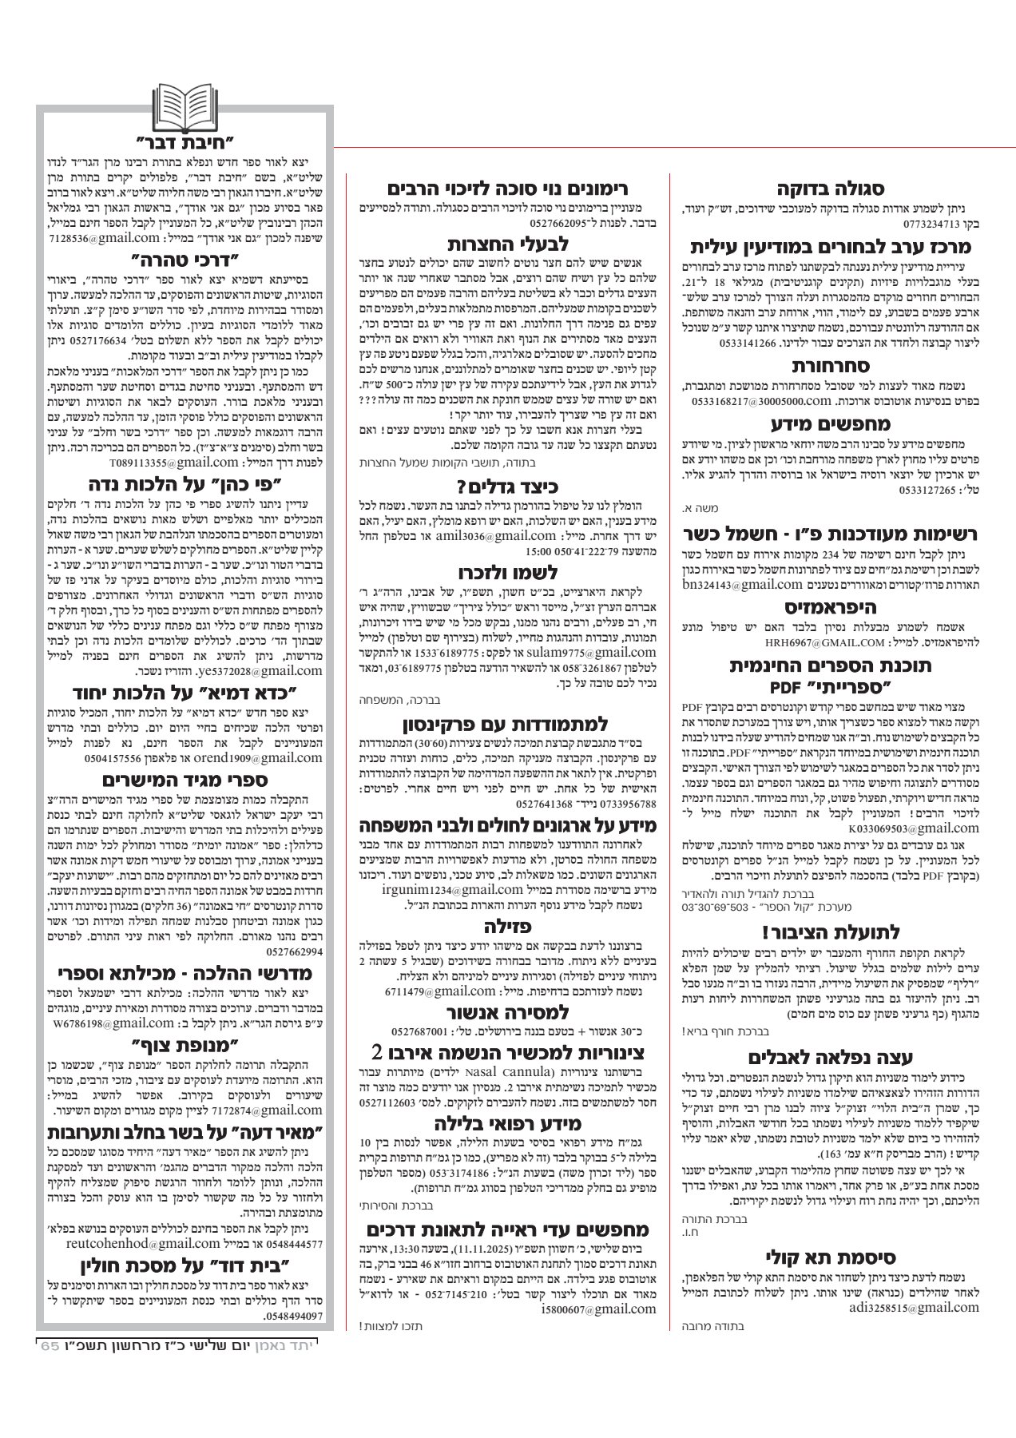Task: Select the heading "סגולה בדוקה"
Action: click(830, 189)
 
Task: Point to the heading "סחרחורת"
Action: click(830, 367)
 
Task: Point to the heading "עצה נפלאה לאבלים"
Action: click(830, 1059)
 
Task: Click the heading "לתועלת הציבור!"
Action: click(830, 932)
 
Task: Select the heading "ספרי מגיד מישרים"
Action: click(185, 779)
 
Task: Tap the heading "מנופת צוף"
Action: click(185, 1043)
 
